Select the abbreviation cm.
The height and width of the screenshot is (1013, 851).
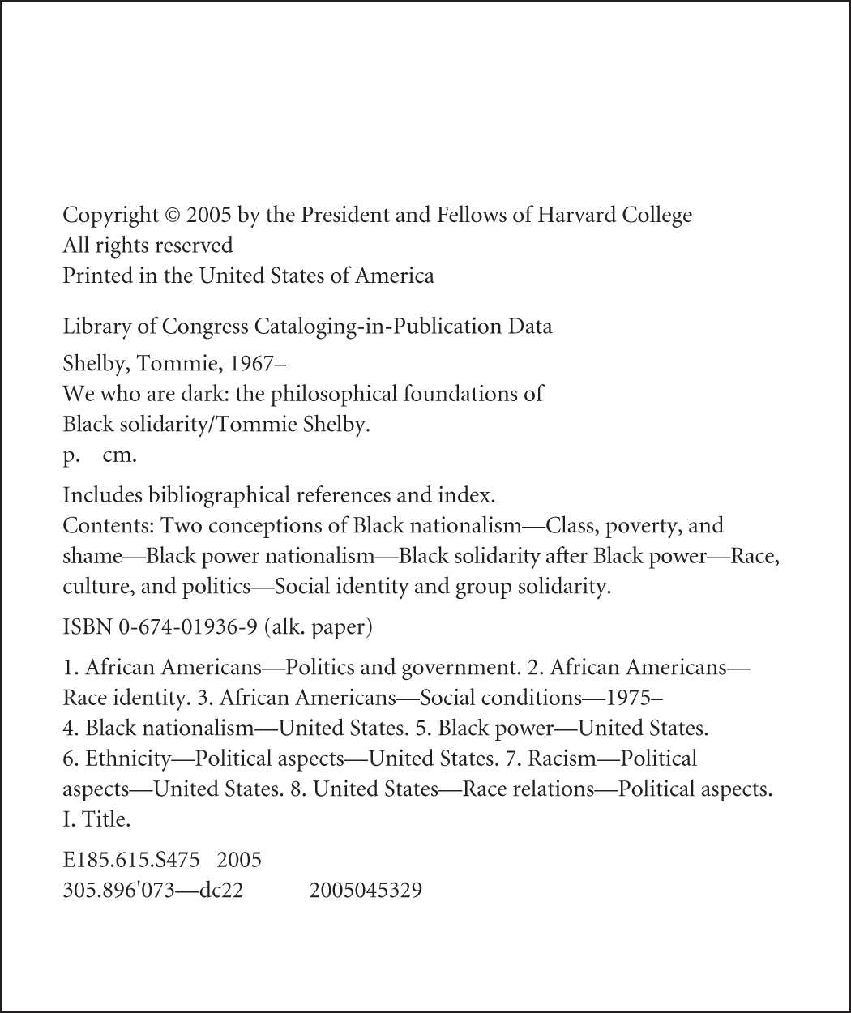point(119,455)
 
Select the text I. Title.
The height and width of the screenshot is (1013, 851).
point(96,819)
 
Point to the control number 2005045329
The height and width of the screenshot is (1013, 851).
point(366,891)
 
